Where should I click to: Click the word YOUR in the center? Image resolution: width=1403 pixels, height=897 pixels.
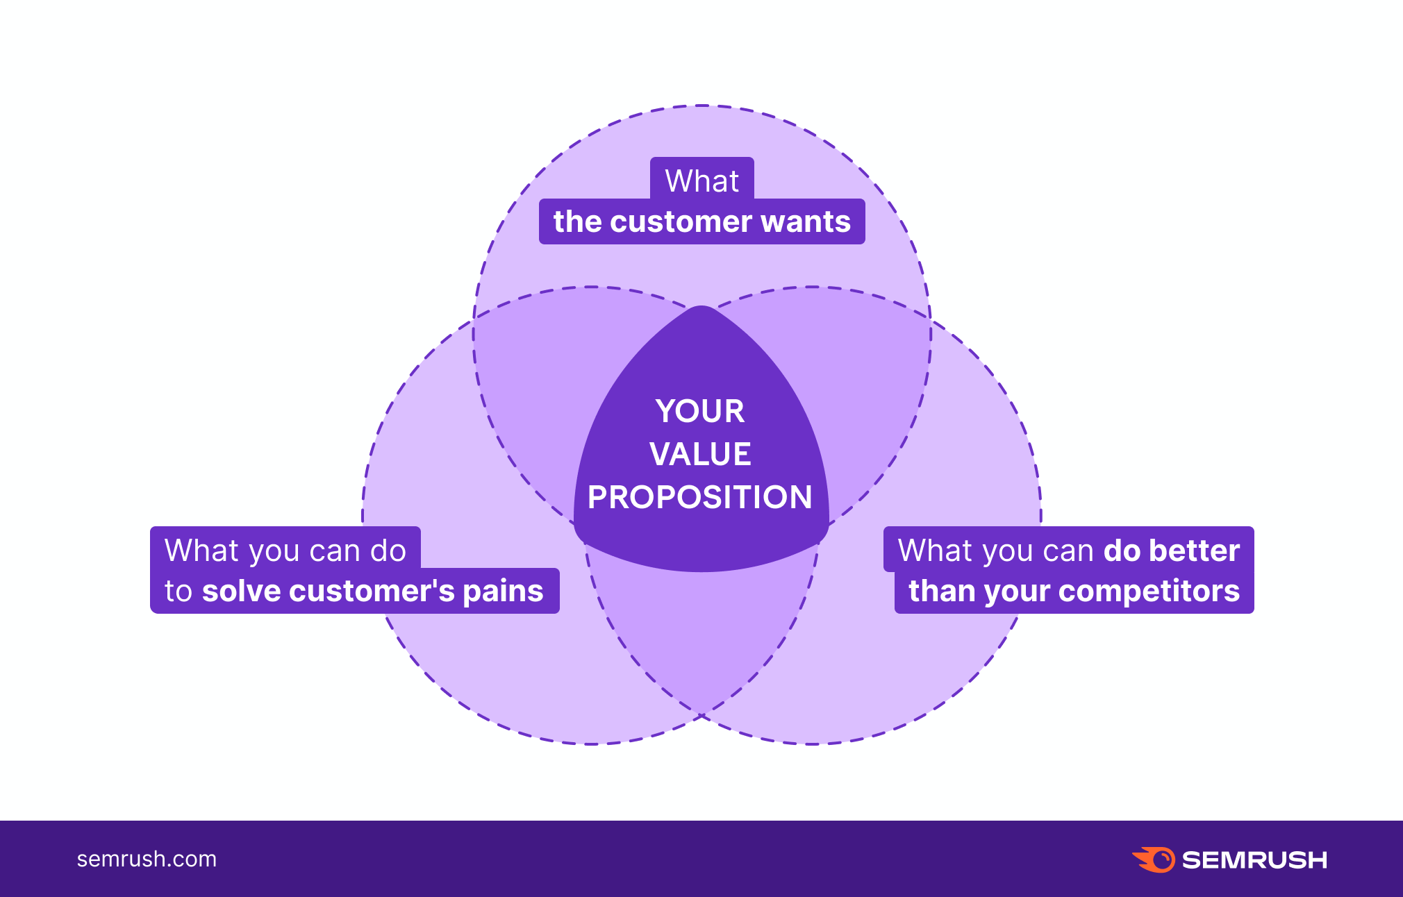700,411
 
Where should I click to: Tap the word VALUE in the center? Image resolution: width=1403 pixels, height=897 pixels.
700,454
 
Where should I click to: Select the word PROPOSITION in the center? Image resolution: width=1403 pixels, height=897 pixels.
700,497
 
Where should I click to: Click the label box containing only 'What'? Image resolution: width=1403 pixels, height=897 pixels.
702,179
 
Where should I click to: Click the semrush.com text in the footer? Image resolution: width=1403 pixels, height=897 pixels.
147,859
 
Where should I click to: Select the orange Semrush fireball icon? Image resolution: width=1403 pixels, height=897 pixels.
1154,860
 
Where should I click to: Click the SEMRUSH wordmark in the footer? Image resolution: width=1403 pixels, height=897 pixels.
1254,860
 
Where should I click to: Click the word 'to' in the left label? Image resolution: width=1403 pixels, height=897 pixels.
178,592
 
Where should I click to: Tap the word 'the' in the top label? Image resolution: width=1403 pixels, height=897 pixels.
577,222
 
